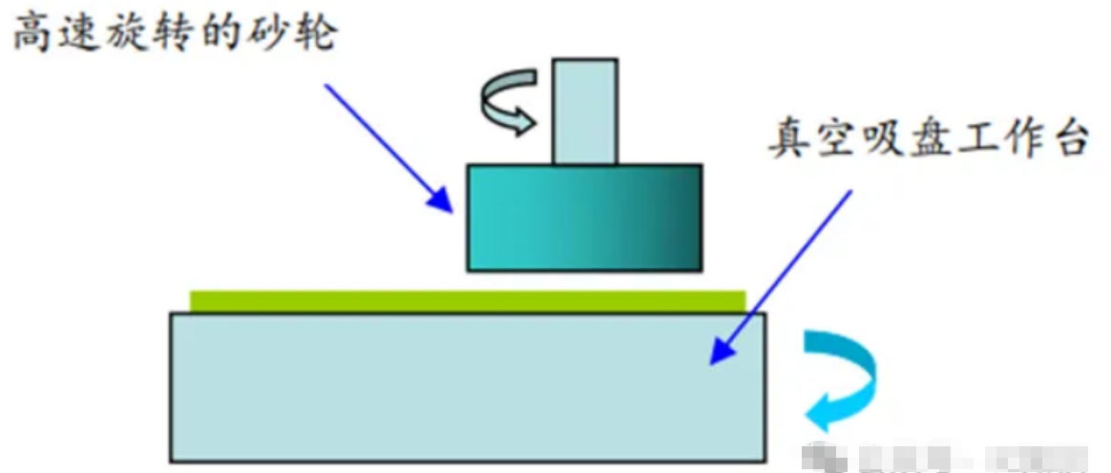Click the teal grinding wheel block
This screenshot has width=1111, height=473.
coord(584,217)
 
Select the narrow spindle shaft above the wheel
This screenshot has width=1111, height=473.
coord(584,111)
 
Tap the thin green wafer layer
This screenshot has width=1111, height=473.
coord(468,301)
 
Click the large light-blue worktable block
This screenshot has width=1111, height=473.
coord(468,386)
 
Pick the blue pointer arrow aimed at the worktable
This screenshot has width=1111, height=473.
coord(779,277)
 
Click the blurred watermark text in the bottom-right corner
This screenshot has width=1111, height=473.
coord(954,456)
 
